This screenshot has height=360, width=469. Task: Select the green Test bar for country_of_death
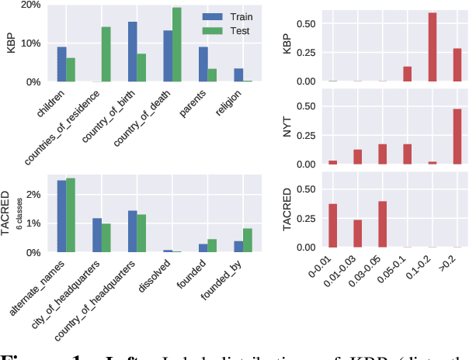click(176, 44)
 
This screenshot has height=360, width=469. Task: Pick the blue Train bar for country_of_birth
click(132, 51)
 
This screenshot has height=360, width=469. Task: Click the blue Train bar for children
click(61, 64)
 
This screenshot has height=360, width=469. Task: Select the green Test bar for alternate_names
click(71, 215)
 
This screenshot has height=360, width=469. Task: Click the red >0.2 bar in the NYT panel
click(457, 137)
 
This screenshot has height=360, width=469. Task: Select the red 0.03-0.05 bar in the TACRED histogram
click(382, 223)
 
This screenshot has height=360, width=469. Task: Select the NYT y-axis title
click(287, 126)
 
